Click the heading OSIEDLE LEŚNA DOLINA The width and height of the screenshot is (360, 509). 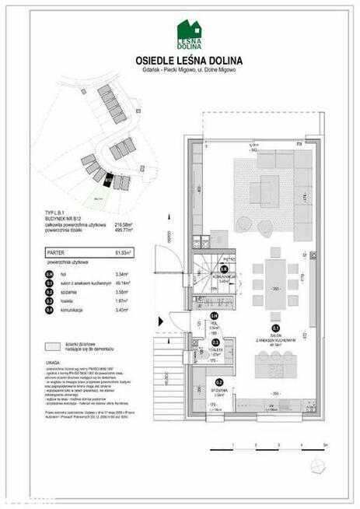(179, 60)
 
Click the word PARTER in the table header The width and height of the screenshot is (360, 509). (56, 252)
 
